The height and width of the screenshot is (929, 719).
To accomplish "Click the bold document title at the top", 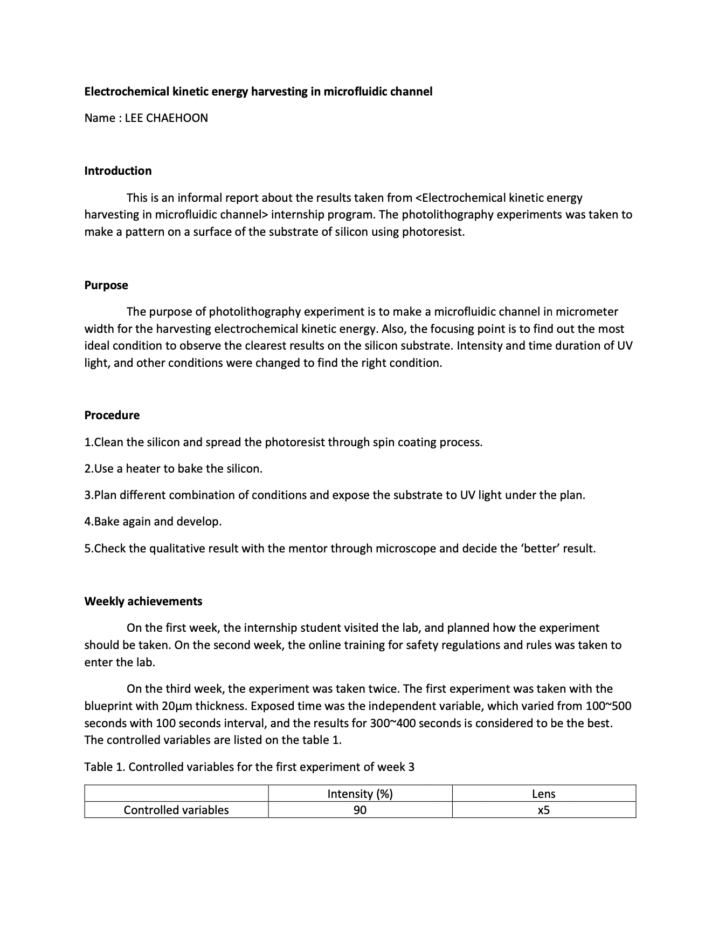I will click(x=258, y=92).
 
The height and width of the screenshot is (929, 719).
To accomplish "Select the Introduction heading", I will click(x=118, y=171).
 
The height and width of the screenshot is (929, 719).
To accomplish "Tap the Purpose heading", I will click(x=106, y=285).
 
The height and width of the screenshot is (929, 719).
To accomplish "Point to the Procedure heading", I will click(x=112, y=415).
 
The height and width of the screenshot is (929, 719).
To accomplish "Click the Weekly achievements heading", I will click(x=143, y=602).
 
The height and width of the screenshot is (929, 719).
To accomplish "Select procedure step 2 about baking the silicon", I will click(x=174, y=469).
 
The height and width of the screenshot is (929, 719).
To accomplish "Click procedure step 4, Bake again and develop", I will click(x=153, y=522).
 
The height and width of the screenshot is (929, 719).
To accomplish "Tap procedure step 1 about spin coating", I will click(x=284, y=442).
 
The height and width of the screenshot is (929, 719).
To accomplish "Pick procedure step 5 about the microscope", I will click(x=340, y=549).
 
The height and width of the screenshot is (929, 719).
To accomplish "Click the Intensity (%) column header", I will click(x=360, y=794).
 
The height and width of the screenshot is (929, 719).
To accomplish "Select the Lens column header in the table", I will click(x=543, y=794).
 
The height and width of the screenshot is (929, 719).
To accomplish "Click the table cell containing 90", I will click(x=360, y=810).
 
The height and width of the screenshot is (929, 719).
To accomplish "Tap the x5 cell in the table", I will click(x=543, y=810).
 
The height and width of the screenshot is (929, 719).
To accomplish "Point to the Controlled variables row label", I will click(x=176, y=810).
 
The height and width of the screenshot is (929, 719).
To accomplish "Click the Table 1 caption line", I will click(x=250, y=767).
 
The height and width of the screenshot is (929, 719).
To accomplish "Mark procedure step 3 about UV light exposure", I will click(x=335, y=495).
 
